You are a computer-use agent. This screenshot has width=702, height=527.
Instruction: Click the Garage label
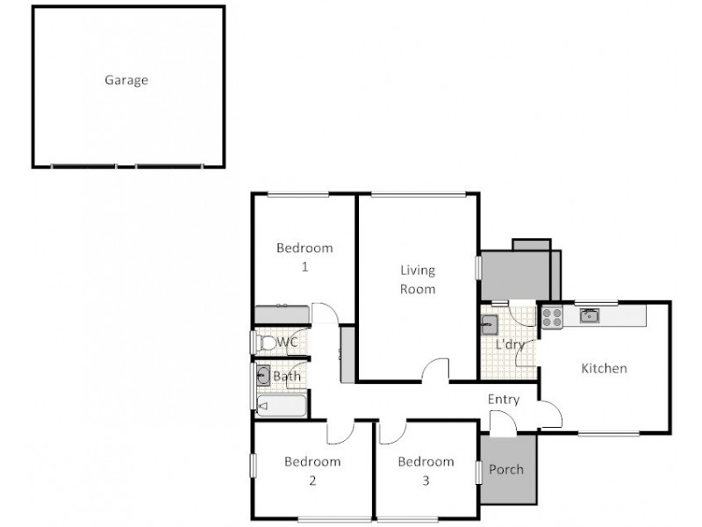point(126,80)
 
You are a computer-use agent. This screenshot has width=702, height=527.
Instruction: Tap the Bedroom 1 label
point(304,256)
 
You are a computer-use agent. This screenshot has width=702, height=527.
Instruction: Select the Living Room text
point(418,279)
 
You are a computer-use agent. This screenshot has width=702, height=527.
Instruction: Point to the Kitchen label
point(605,368)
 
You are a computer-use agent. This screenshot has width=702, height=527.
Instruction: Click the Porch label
point(505,469)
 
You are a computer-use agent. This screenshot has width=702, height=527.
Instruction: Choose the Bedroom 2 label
point(312,470)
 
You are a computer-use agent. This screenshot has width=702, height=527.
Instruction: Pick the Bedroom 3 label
point(426,470)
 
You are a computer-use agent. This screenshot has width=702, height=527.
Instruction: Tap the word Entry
point(504,400)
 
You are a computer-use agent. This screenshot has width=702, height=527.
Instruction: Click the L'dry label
point(510,344)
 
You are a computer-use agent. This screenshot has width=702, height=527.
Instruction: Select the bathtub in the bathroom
point(282,406)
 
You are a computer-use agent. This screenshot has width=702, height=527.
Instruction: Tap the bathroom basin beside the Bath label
point(263,376)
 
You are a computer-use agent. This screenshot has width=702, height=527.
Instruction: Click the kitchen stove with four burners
point(551,317)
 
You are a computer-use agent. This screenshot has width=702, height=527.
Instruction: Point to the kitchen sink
point(589,315)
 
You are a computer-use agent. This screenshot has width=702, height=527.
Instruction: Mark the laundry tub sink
point(490,324)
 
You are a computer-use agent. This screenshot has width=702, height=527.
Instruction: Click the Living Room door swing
point(433,372)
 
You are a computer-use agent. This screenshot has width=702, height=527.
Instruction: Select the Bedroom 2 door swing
point(339,430)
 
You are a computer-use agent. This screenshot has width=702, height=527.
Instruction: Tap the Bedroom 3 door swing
point(392,430)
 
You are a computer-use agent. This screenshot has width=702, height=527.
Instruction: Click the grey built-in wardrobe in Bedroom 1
point(282,314)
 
